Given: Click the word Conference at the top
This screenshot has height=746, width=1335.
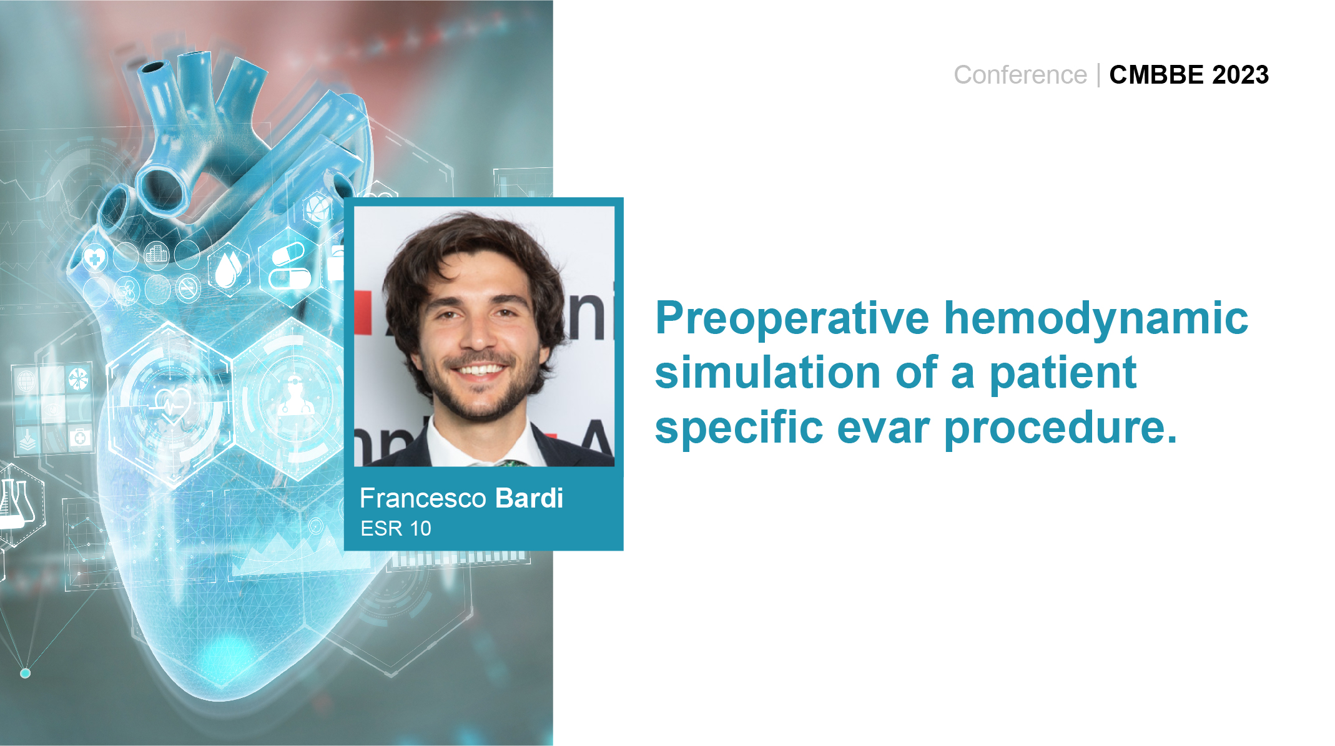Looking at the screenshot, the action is click(x=1020, y=75).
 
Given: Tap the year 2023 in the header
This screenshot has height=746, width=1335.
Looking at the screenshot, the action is click(x=1240, y=75).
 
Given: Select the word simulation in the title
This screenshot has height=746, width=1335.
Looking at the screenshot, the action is click(x=767, y=373).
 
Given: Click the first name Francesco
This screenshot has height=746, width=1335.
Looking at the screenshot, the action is click(x=423, y=498).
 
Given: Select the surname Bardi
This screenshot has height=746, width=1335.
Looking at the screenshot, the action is click(x=529, y=498).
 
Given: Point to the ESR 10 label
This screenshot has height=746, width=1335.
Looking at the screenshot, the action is click(x=396, y=529).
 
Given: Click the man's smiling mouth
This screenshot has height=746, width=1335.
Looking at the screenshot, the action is click(x=480, y=370).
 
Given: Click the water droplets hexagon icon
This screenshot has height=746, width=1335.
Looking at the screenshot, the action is click(x=229, y=268).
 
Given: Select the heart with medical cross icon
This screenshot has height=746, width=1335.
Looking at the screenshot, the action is click(x=95, y=257).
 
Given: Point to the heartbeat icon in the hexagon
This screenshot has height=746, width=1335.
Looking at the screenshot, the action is click(x=172, y=404).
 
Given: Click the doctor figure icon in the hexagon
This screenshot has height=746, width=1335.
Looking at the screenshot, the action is click(x=293, y=397).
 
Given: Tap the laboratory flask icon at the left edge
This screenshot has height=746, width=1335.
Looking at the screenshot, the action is click(x=16, y=503).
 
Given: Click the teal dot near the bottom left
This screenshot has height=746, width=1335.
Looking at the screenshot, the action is click(x=26, y=673).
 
